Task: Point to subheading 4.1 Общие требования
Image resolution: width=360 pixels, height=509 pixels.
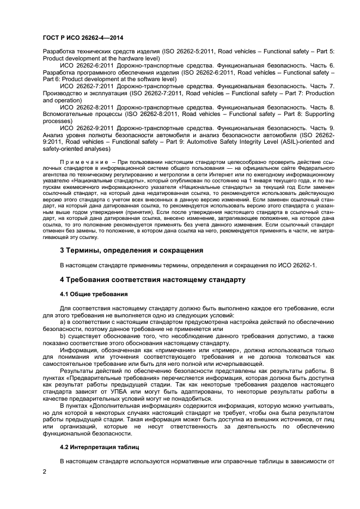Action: pos(94,294)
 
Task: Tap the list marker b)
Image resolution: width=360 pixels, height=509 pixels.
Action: pos(63,336)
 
